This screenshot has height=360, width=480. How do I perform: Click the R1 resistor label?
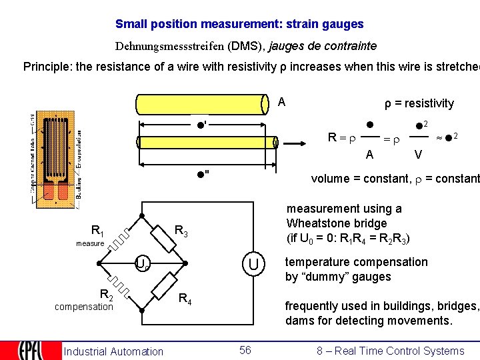(x=97, y=231)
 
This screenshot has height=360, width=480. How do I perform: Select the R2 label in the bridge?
(x=106, y=294)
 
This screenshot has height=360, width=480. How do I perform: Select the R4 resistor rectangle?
(x=164, y=287)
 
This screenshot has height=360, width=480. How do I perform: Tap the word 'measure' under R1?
(x=90, y=243)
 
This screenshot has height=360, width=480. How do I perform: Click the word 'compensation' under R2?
(x=84, y=307)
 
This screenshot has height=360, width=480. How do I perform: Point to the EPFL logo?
(x=26, y=351)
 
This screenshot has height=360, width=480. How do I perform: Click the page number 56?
(x=245, y=350)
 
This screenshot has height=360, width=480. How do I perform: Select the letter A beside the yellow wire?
(x=281, y=102)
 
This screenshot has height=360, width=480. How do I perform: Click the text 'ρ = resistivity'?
(x=419, y=103)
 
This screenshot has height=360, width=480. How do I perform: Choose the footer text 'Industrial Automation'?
(x=113, y=351)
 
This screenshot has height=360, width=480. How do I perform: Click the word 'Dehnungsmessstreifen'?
(x=170, y=47)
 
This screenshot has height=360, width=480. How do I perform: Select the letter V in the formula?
(x=417, y=155)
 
